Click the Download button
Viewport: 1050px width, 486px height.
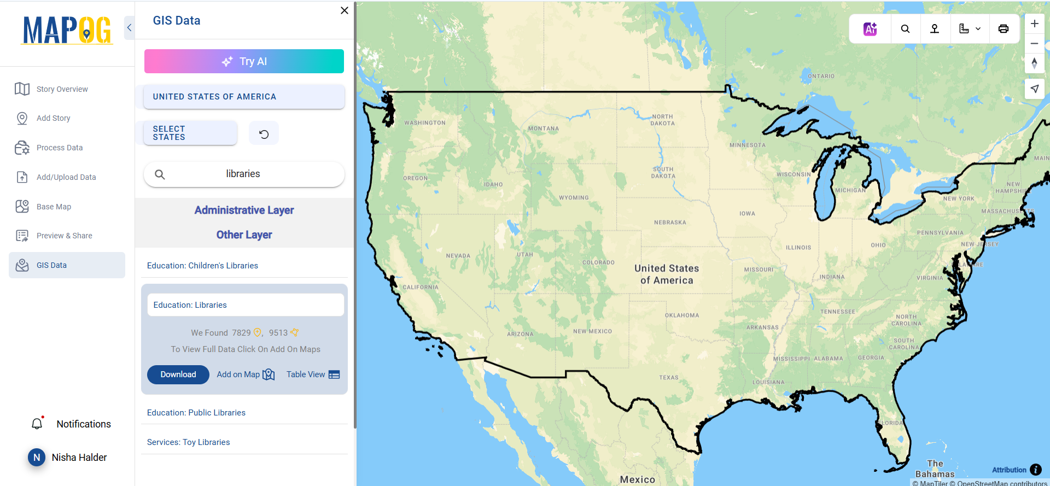(178, 374)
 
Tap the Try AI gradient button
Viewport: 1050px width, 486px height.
(244, 61)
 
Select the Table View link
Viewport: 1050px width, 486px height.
(313, 374)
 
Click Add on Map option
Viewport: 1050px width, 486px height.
(246, 374)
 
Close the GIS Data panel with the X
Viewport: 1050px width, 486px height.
(345, 10)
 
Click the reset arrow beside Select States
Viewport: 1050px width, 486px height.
(264, 134)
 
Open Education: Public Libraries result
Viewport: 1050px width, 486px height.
(196, 413)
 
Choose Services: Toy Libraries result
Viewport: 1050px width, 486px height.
(188, 442)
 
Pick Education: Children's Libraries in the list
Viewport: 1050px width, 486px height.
(202, 266)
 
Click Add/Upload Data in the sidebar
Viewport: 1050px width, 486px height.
(66, 177)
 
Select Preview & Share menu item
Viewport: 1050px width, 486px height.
(64, 236)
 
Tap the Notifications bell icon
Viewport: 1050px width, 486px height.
(37, 424)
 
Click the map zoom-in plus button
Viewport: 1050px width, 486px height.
(1034, 24)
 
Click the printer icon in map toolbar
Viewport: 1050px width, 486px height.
(1004, 29)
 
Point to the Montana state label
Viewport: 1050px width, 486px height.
(543, 129)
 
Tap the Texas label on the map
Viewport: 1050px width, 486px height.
(668, 378)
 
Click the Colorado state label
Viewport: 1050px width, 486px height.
(598, 262)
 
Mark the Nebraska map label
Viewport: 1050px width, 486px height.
(670, 222)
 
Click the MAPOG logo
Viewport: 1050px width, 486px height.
(67, 30)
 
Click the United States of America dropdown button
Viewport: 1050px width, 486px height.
(244, 97)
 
